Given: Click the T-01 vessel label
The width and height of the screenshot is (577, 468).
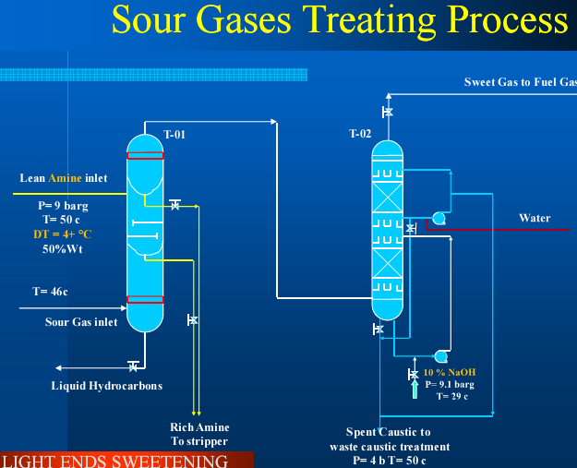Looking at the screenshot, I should coord(174,135).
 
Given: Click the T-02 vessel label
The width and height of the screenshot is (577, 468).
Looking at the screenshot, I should coord(360,135).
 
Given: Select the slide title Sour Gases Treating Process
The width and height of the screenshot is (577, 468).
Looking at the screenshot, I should coord(340,20).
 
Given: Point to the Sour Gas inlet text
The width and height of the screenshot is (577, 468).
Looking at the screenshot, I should coord(81,322).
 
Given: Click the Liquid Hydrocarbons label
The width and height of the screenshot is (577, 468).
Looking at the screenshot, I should coord(106,386).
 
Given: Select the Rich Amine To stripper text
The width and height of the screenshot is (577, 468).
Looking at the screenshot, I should coord(199,435).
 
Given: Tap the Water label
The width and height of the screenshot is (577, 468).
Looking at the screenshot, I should coord(535,219).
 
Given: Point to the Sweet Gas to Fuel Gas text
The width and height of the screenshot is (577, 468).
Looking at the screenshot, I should coord(520,82).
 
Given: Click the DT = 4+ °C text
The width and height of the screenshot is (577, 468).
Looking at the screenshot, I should coord(63,234).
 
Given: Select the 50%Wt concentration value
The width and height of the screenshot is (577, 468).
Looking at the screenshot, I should coord(63,249).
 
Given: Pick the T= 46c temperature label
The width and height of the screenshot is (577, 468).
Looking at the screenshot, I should coord(51,292).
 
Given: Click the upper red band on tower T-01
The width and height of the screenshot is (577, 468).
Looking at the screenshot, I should coord(145,155).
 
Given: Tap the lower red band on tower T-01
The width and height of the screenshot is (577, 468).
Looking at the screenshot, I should coord(145,299).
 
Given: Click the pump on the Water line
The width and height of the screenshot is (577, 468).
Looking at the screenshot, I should coord(439,219).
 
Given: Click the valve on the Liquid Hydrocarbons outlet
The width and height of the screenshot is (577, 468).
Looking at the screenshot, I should coord(134,366).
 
